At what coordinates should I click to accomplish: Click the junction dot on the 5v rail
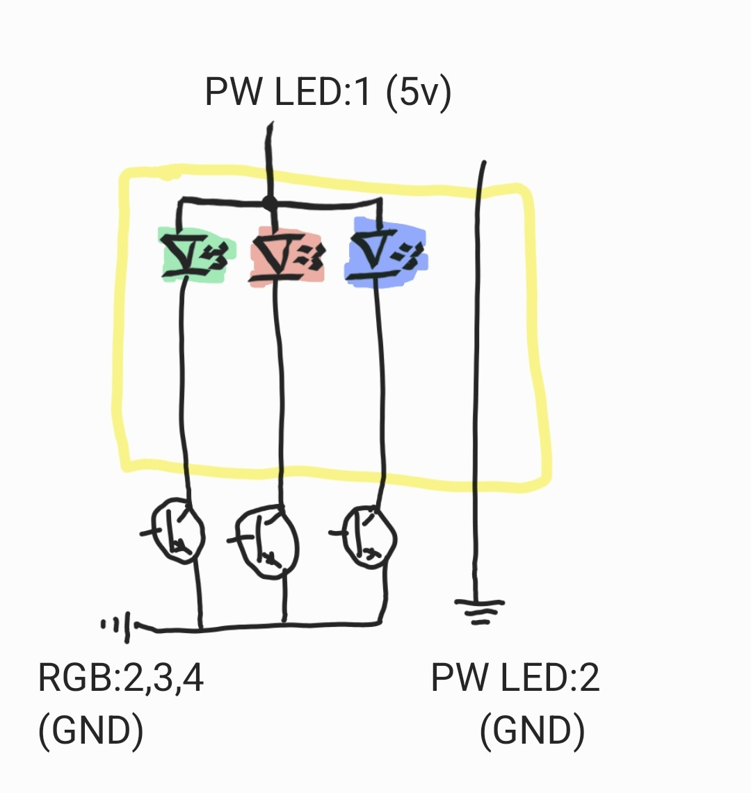(x=270, y=204)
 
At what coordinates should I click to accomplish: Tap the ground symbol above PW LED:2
(x=479, y=612)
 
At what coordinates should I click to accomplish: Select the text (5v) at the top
(x=419, y=92)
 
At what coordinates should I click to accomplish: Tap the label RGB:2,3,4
(x=121, y=678)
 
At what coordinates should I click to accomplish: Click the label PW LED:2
(x=515, y=677)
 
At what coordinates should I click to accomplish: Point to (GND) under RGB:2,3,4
(x=91, y=730)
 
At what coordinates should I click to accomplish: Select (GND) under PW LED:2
(x=533, y=730)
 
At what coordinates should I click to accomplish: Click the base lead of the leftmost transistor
(x=152, y=532)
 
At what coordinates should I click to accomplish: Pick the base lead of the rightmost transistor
(x=340, y=532)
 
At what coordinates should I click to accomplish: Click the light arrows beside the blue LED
(x=409, y=254)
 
